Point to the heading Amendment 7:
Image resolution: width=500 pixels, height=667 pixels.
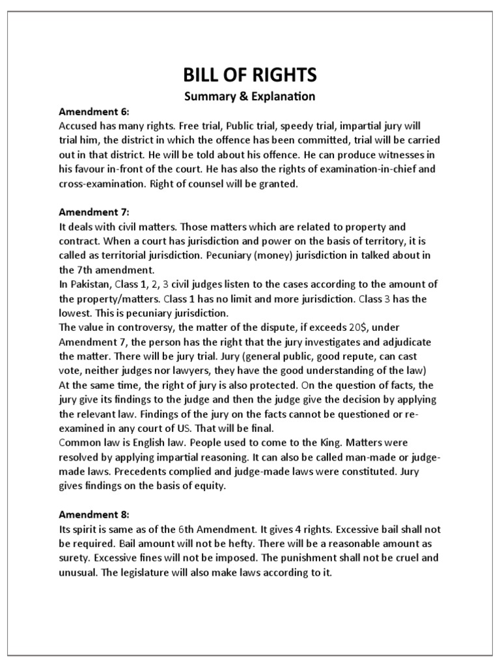pyautogui.click(x=94, y=212)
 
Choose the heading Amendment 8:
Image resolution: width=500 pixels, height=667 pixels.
pyautogui.click(x=94, y=515)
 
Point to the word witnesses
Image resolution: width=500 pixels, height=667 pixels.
pyautogui.click(x=402, y=154)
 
